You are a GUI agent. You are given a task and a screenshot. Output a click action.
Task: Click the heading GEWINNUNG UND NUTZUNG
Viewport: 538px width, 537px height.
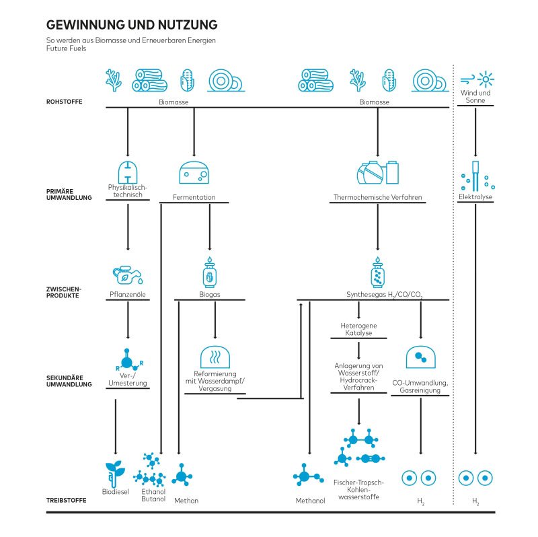[x=131, y=25]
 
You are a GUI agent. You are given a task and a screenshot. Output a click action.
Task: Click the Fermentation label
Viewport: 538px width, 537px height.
[x=194, y=197]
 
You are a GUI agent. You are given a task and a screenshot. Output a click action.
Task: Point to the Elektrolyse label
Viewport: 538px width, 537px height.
[x=475, y=197]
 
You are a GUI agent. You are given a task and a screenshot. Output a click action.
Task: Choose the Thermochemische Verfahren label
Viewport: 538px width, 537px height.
[x=377, y=197]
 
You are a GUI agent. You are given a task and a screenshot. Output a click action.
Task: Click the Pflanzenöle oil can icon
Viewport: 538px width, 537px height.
[x=128, y=275]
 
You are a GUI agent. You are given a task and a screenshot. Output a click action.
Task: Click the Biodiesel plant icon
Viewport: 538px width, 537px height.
[x=115, y=474]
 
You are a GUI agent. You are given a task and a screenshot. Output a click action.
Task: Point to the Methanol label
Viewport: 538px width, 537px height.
[x=310, y=501]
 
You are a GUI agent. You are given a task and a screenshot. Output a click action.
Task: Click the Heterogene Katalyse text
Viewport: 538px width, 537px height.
[x=358, y=330]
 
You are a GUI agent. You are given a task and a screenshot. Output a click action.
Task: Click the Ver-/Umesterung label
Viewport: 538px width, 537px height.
[x=127, y=380]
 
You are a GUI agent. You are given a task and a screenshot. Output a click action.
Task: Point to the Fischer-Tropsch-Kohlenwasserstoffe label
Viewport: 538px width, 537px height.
[x=358, y=490]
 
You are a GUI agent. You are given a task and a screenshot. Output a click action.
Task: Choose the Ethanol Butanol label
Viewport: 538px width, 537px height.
[x=153, y=495]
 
